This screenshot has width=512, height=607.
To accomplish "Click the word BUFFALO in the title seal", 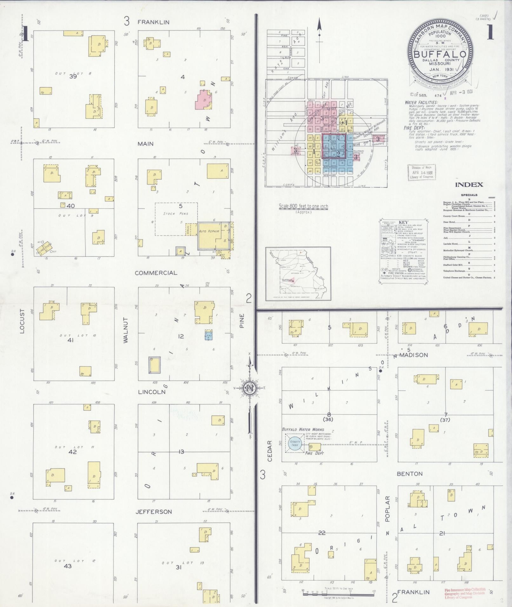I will (440, 54).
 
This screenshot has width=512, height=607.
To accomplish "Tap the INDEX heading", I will (469, 185).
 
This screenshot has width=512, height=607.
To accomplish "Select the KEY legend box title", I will (403, 222).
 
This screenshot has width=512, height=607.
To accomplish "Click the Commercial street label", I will (156, 273).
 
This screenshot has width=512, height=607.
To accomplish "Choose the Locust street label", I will (22, 321).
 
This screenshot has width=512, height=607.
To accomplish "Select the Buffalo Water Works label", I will (303, 429).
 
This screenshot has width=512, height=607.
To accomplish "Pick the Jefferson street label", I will (154, 512).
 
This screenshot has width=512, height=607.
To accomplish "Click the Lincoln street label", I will (152, 392).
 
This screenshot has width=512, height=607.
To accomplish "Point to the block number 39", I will (73, 76).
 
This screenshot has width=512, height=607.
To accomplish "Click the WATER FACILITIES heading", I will (421, 102).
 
